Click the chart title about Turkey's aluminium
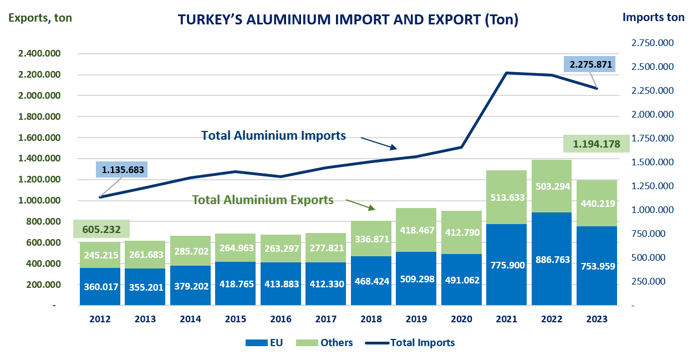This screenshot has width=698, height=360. tap(348, 20)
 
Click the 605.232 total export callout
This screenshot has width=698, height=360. tap(101, 229)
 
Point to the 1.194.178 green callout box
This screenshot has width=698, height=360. tap(596, 144)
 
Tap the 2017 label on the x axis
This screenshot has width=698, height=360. tap(327, 320)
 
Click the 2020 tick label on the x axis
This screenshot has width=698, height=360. tap(462, 320)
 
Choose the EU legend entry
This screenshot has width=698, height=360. tap(264, 343)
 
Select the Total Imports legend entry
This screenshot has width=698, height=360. tap(410, 343)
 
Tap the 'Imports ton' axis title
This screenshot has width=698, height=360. tap(653, 17)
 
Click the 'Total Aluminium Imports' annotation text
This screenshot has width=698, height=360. tap(273, 135)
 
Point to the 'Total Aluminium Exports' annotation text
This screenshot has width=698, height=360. tap(263, 200)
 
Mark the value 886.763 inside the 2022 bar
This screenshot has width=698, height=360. tap(552, 260)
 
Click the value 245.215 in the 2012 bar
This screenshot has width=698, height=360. tap(100, 255)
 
